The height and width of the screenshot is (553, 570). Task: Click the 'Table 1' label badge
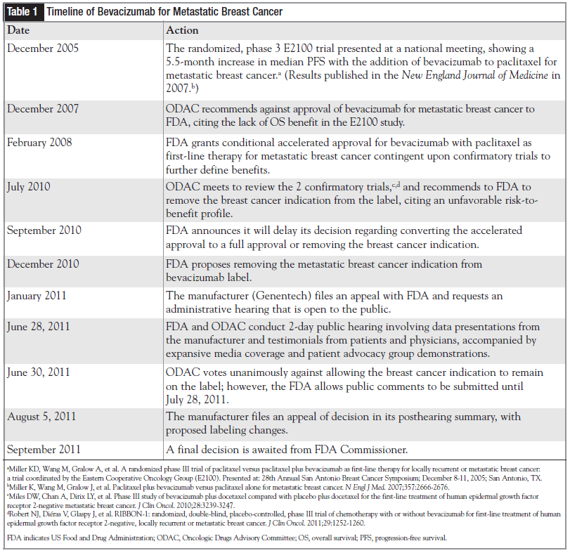point(22,13)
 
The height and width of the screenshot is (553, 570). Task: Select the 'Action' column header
point(182,30)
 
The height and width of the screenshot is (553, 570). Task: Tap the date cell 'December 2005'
point(43,48)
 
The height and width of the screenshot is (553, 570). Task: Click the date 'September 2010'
point(44,230)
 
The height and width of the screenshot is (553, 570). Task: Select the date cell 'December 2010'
point(43,264)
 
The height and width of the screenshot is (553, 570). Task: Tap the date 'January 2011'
point(37,295)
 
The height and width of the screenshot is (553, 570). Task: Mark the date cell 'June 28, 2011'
point(39,327)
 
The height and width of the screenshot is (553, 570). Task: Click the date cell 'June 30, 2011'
point(39,372)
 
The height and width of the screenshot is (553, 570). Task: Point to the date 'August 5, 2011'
point(41,417)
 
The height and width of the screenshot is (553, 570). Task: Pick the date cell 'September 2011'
point(44,449)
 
